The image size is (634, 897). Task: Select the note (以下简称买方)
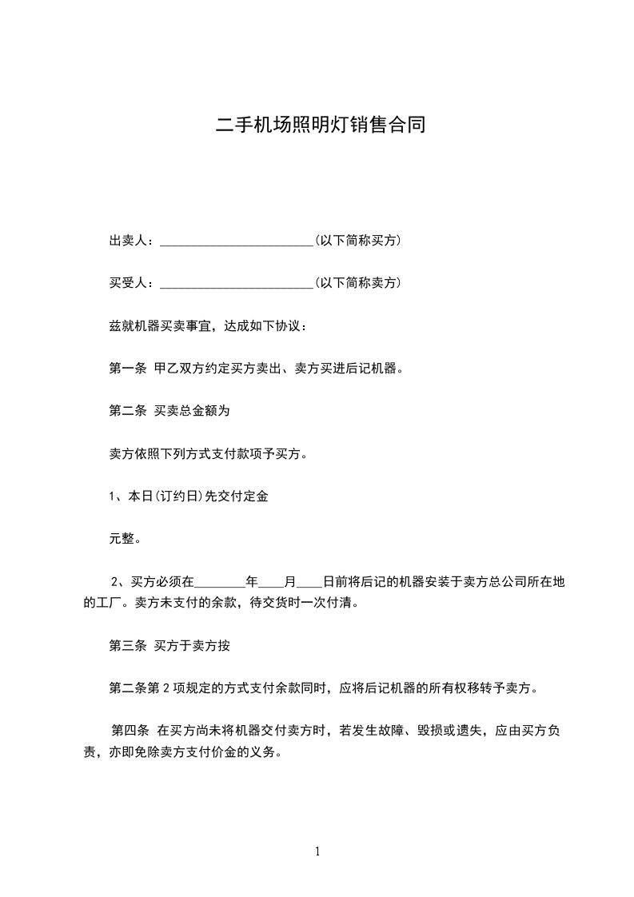[x=358, y=241]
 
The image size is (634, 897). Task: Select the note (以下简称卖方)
[x=358, y=283]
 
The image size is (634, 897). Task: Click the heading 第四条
[x=130, y=730]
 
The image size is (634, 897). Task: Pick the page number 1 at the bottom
[x=317, y=851]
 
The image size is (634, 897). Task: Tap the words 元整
[x=125, y=539]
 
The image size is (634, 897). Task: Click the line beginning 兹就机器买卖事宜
[x=206, y=326]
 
